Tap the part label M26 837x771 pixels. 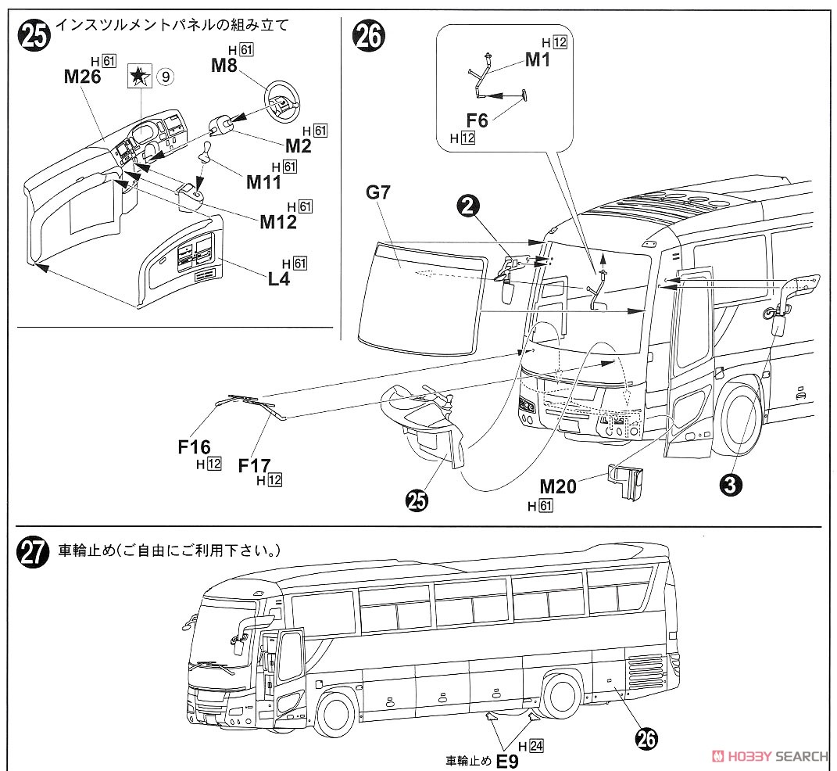83,76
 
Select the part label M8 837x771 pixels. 224,65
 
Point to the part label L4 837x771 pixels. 278,277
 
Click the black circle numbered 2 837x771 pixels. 467,206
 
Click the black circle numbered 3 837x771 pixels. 730,485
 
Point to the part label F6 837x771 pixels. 477,120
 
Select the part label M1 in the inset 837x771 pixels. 538,59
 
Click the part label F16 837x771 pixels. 194,446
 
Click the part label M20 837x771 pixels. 558,487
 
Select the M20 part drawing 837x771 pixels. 624,479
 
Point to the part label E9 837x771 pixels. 508,759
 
